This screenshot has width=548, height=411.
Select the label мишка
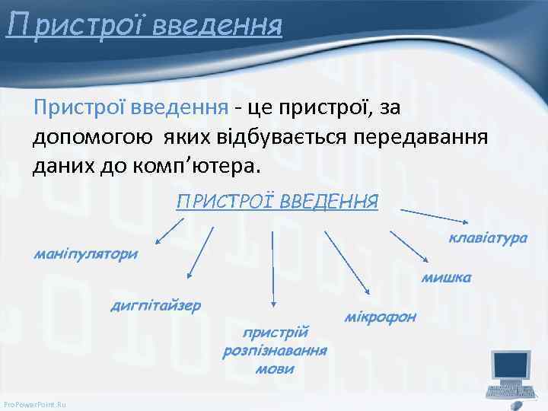[x=447, y=278]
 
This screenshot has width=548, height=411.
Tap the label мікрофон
[x=381, y=316]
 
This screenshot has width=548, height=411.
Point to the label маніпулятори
[x=85, y=253]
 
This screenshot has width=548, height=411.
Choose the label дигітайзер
[x=156, y=306]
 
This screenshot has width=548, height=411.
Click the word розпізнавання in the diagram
[x=275, y=351]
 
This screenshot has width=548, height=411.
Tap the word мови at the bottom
[x=275, y=369]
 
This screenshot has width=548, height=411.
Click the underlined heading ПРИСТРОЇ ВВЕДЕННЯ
[x=277, y=202]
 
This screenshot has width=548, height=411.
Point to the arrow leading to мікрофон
[x=346, y=263]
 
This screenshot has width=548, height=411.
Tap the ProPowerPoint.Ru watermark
[x=35, y=404]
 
